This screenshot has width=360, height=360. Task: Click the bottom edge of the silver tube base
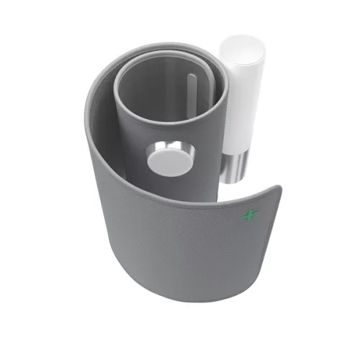pyautogui.click(x=229, y=183)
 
